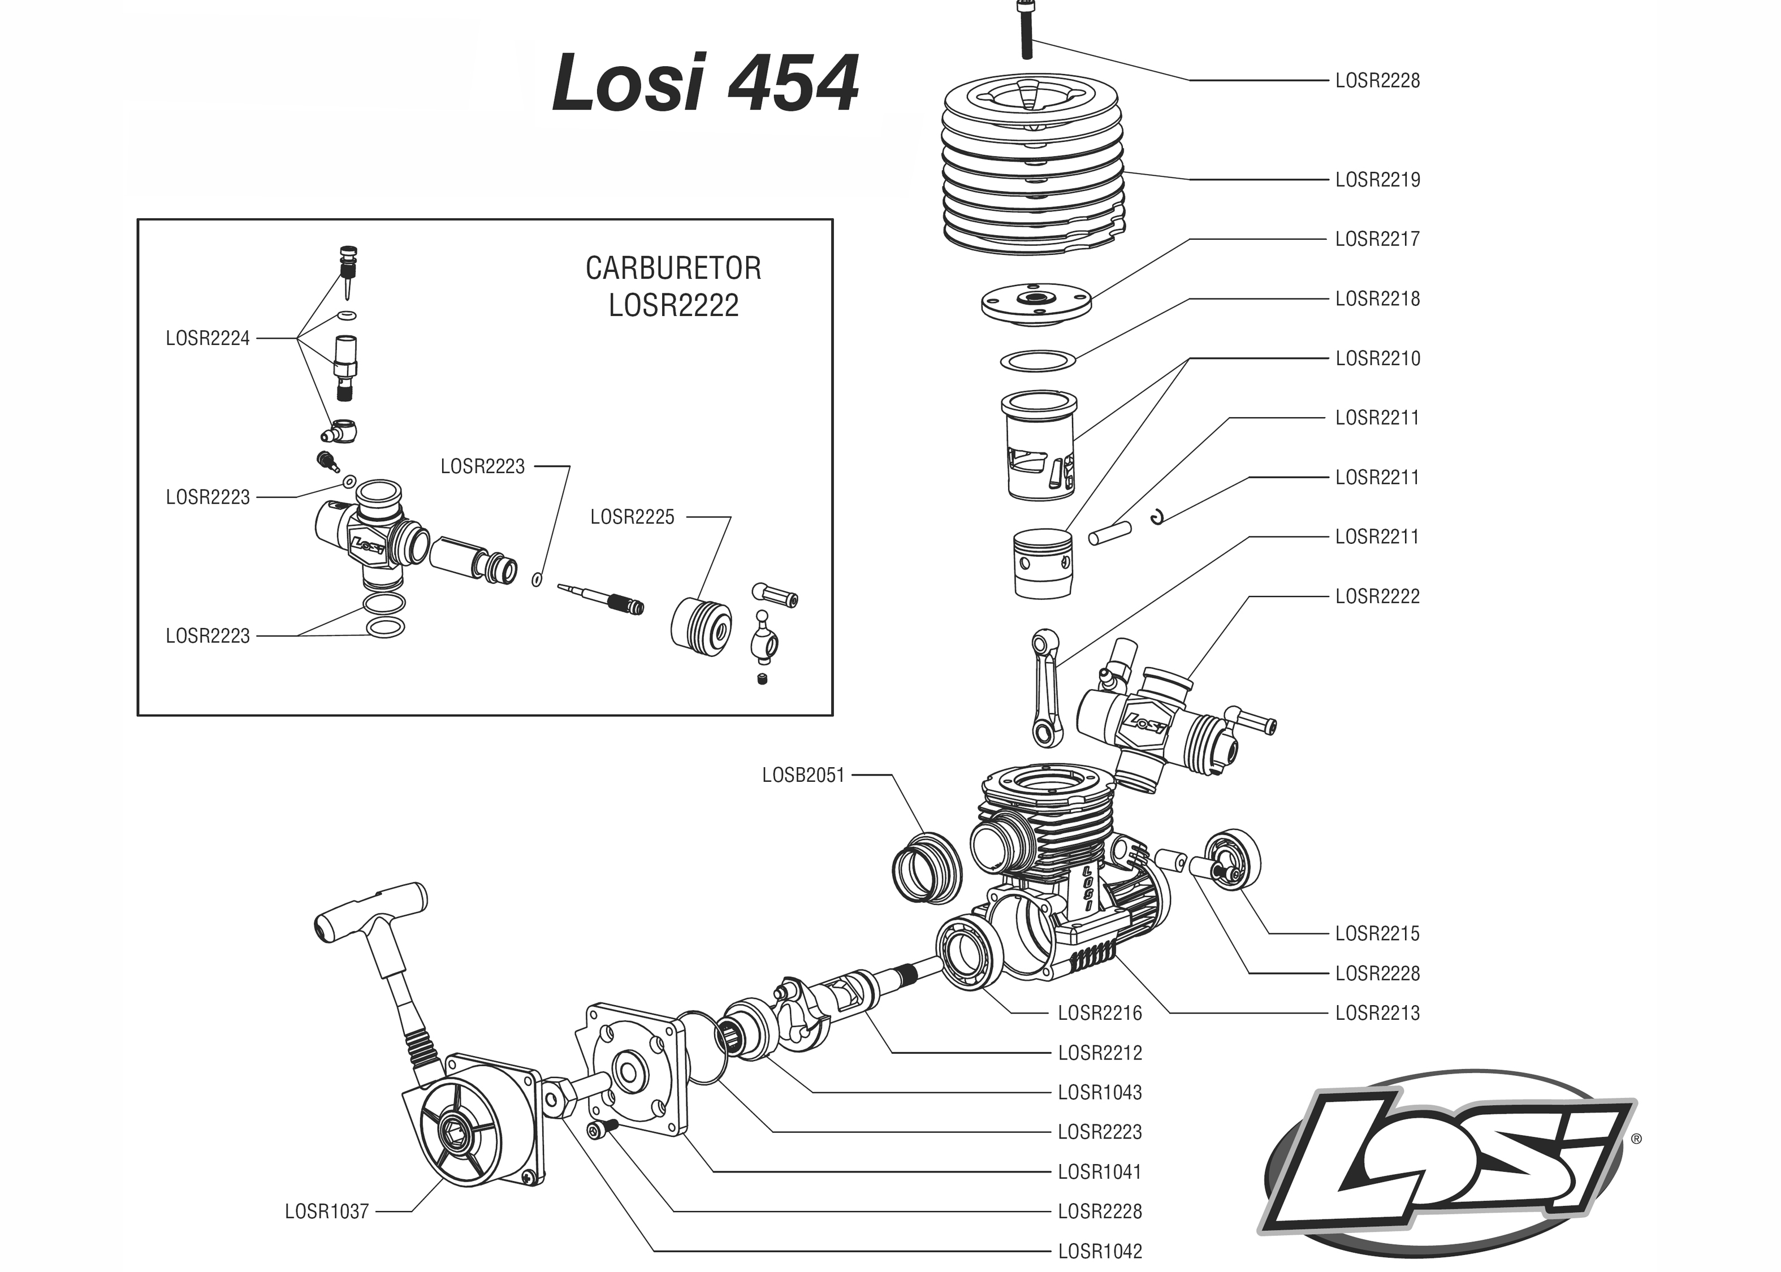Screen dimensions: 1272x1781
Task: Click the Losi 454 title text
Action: [705, 84]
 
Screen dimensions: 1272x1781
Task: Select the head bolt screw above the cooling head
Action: [1026, 30]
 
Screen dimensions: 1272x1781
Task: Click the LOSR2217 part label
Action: [1377, 240]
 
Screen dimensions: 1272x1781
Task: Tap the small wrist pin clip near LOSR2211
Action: [1160, 516]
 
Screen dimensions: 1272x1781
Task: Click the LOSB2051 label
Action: [803, 776]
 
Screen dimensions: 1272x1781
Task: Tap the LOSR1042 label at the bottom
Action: [1100, 1252]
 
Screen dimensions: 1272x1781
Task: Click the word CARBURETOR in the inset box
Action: [673, 269]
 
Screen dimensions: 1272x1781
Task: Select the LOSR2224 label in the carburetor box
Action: [208, 339]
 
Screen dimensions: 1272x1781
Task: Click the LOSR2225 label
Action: [632, 517]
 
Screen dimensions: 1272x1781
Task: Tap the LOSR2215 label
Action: [1377, 933]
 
